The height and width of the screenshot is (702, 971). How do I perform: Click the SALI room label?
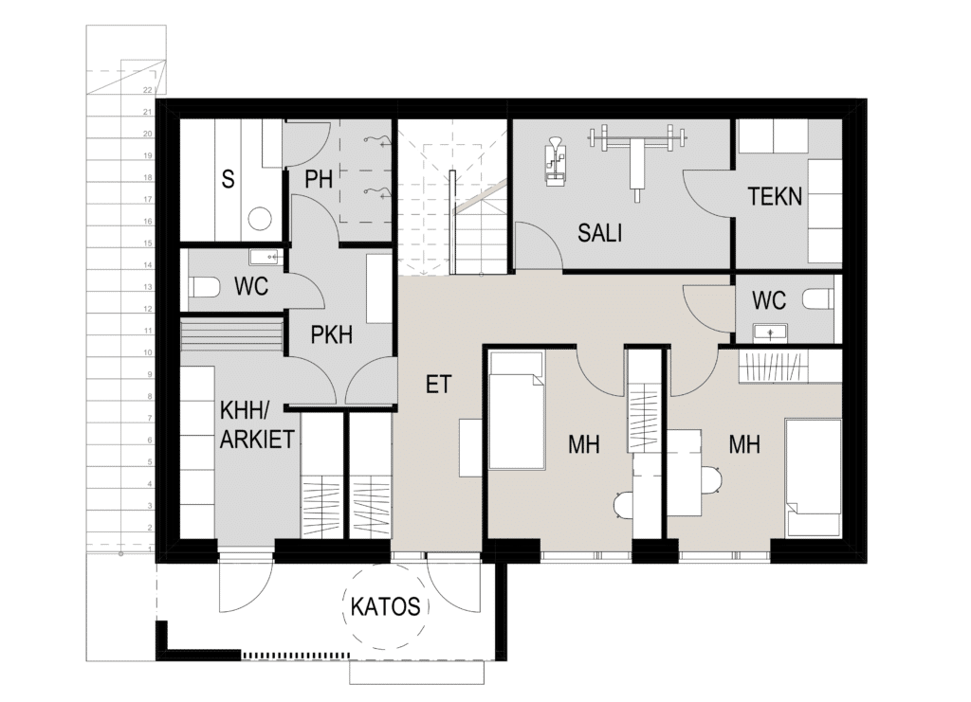599,233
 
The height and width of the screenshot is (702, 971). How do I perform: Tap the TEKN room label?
775,196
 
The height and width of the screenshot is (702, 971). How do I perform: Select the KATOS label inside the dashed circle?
385,606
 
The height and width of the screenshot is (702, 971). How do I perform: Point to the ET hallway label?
438,384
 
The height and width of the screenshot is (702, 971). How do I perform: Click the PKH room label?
331,334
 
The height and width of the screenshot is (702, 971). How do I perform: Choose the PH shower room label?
319,179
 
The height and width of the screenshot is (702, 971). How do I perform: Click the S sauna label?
229,179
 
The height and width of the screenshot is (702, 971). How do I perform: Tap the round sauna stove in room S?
260,219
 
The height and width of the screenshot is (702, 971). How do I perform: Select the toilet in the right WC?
818,299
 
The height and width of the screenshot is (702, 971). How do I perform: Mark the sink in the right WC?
770,333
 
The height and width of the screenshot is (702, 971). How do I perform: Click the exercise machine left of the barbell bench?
555,161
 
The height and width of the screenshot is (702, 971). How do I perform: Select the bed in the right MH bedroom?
814,477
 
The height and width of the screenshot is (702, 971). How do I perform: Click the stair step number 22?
147,90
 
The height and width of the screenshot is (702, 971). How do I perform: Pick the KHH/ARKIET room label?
256,424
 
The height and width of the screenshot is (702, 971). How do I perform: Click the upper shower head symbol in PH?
377,142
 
